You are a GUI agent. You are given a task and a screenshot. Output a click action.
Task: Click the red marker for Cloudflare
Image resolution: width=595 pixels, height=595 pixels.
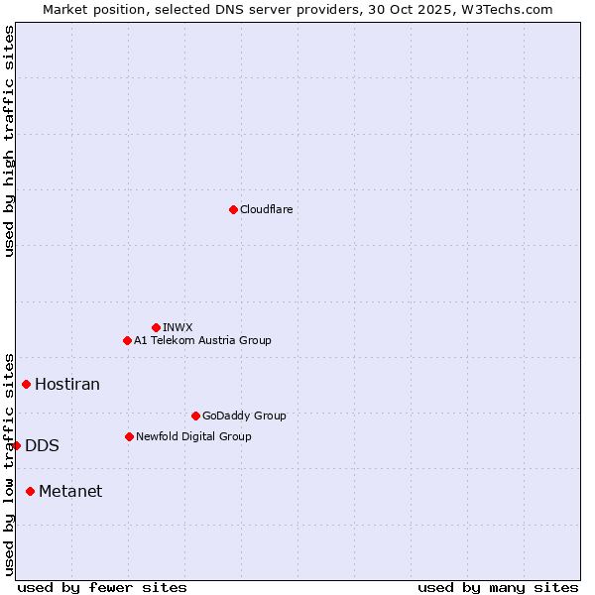point(233,209)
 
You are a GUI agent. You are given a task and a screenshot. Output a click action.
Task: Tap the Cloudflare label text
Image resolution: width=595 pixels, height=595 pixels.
point(266,209)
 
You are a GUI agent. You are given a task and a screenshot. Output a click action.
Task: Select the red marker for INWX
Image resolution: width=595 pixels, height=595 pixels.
point(156,327)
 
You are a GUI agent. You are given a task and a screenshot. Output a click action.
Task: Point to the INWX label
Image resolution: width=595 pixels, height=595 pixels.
point(178,327)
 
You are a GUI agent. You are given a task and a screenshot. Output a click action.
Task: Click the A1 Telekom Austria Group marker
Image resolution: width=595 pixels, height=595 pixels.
point(127,340)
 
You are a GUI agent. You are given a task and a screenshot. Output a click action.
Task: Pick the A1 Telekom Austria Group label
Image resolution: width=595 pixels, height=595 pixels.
point(202,340)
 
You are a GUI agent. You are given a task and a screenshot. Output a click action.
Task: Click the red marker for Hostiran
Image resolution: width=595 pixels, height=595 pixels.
point(27,384)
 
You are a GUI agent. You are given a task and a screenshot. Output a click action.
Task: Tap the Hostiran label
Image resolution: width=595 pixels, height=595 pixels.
point(67,384)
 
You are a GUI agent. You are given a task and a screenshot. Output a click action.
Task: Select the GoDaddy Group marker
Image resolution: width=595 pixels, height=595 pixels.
point(195,416)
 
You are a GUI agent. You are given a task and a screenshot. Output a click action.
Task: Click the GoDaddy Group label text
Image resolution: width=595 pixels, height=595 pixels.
point(243,416)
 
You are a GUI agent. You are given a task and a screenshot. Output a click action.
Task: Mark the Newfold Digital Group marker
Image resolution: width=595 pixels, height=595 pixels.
point(129,436)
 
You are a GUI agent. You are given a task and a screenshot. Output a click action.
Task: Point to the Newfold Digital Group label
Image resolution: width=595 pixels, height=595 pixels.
point(193,436)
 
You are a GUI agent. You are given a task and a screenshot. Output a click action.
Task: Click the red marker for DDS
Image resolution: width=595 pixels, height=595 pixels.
point(17,445)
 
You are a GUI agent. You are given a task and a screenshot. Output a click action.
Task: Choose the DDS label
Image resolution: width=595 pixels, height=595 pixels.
point(42,445)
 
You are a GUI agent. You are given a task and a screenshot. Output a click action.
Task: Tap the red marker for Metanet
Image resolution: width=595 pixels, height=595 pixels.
point(31,491)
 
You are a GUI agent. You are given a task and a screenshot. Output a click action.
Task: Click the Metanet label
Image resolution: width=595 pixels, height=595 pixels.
point(70,491)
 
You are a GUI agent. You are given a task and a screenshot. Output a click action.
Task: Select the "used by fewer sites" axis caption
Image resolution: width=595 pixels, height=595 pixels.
point(102,587)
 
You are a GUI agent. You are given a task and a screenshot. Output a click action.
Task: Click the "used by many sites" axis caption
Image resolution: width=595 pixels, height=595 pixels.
point(498,587)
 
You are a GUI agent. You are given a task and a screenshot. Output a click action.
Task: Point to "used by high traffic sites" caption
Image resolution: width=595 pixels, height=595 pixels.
point(9,141)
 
